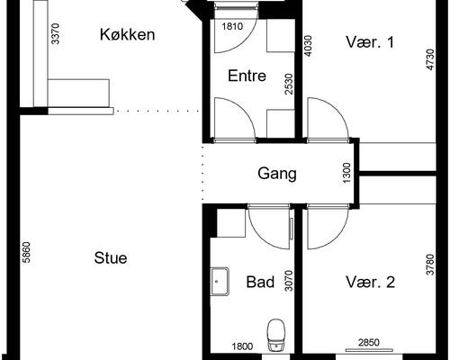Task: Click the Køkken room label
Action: coord(128,36)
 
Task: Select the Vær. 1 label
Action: coord(371,41)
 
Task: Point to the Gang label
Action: coord(276,174)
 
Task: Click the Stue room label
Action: coord(111,257)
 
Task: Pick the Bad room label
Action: coord(260,283)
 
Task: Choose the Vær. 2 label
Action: coord(371,283)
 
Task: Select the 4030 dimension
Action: coord(309,46)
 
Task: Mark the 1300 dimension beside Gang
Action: coord(346,173)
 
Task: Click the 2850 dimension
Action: coord(369,343)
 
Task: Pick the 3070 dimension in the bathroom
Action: coord(288,283)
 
